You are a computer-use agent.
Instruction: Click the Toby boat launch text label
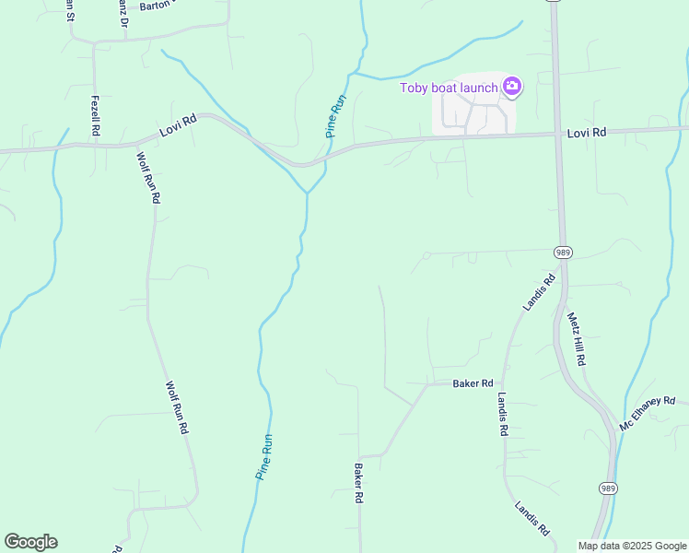(x=449, y=88)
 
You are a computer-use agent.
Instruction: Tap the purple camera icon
(x=512, y=88)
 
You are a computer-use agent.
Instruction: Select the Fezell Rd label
(x=95, y=117)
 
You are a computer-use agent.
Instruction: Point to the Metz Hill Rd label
(x=577, y=338)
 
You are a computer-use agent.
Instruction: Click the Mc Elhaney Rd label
(x=648, y=414)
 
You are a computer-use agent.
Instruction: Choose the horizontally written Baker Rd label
(x=473, y=383)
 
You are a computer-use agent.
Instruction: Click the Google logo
(x=30, y=542)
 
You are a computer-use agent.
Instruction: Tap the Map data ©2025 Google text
(x=631, y=546)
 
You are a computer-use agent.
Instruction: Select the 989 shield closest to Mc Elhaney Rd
(x=607, y=488)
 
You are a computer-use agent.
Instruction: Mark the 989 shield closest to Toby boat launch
(x=563, y=252)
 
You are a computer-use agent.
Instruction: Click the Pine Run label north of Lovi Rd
(x=335, y=116)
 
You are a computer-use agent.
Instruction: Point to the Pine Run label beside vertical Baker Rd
(x=264, y=456)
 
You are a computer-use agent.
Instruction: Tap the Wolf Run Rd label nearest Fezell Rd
(x=148, y=177)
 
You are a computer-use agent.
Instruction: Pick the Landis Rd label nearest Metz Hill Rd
(x=540, y=291)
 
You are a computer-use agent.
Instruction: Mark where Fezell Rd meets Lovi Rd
(x=95, y=144)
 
